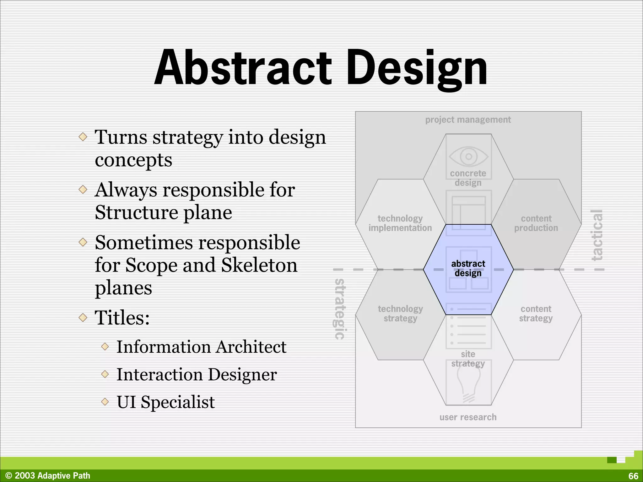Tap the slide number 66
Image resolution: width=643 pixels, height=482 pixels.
(633, 476)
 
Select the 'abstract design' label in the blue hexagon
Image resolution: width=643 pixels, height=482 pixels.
(468, 268)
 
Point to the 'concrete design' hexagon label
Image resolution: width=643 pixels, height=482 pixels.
(468, 178)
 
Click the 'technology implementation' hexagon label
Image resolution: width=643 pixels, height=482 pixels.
(400, 223)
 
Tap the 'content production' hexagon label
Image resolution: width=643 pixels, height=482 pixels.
(536, 223)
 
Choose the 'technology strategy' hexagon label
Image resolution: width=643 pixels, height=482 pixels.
(400, 313)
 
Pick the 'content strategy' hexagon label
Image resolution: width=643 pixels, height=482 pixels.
(536, 313)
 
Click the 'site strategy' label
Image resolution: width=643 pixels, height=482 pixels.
(468, 359)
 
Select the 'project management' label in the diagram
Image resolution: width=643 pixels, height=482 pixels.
(468, 120)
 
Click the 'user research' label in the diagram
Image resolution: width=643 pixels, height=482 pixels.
(468, 417)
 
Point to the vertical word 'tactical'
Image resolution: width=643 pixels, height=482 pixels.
(597, 235)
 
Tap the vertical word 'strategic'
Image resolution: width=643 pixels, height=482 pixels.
(339, 309)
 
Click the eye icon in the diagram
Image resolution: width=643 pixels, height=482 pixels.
(468, 156)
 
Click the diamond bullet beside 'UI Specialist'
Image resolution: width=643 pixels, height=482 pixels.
(105, 402)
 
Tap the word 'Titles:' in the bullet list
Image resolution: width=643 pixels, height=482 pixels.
(122, 318)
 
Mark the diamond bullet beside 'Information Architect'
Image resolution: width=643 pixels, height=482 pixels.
(105, 347)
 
